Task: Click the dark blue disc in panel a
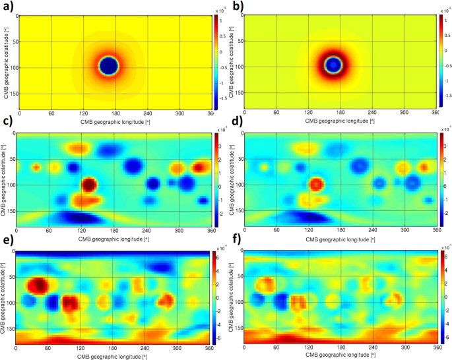point(108,66)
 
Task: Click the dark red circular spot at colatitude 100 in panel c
point(89,184)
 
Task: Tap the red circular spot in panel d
point(316,184)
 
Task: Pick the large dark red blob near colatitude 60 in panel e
point(36,285)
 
